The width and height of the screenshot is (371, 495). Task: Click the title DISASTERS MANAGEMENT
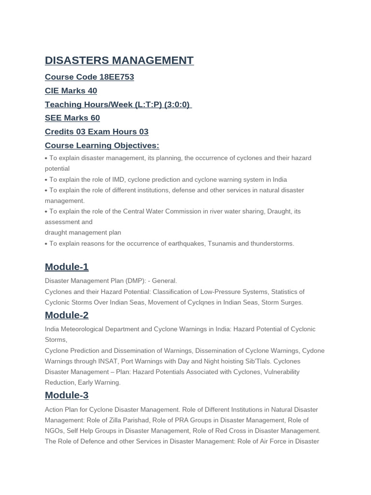119,60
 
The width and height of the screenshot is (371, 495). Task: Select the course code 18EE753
116,77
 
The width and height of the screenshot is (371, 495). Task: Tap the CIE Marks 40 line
71,91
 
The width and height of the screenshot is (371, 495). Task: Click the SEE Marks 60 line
72,118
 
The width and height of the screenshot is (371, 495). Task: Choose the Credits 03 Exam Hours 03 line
97,132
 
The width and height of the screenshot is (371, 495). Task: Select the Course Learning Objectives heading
102,146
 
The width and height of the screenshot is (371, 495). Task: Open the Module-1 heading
67,267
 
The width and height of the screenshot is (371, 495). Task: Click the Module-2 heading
67,315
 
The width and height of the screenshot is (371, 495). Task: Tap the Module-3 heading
67,395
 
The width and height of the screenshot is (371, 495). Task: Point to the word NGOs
54,431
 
